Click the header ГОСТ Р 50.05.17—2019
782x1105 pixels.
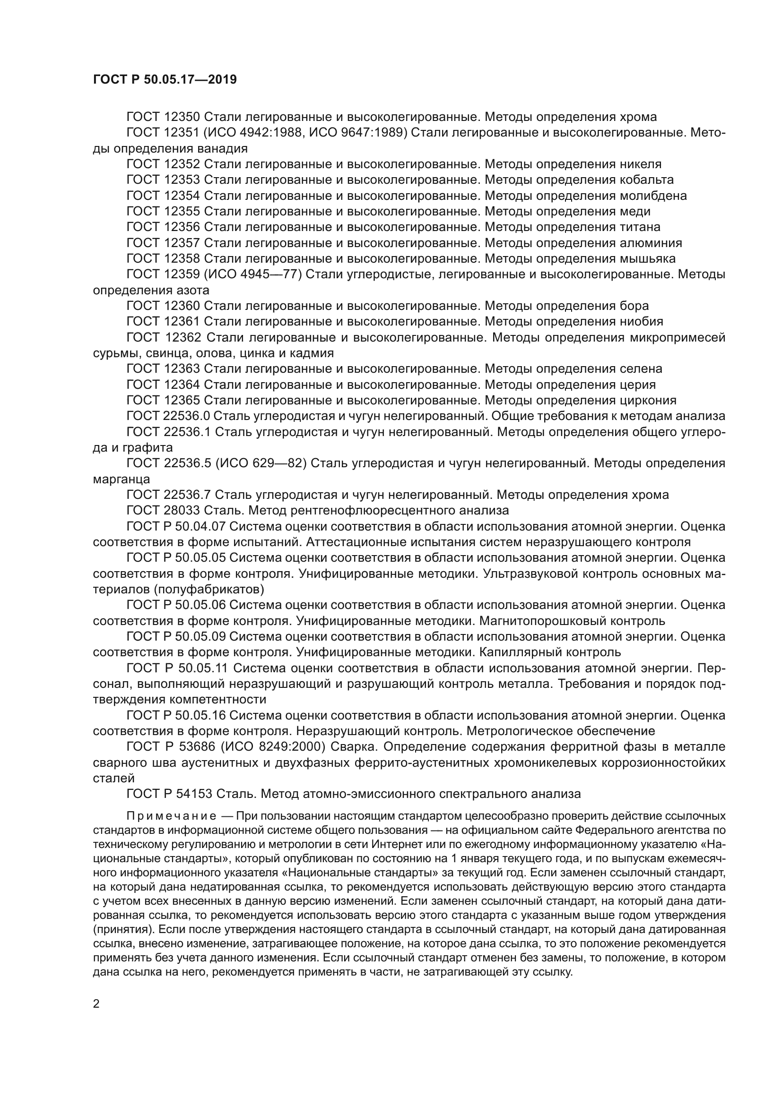point(165,80)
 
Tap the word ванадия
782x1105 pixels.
point(224,148)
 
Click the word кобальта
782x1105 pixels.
point(646,180)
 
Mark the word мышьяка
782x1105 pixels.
point(647,259)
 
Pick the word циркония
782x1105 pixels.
point(648,401)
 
